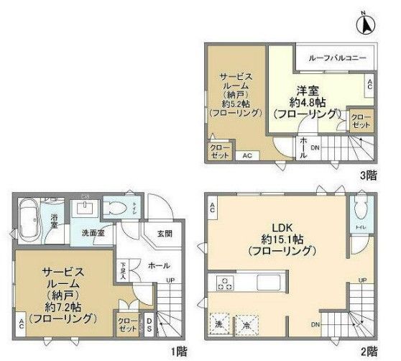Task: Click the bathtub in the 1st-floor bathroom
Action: pos(31,215)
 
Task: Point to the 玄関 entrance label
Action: pos(163,234)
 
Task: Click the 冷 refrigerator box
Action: pos(246,324)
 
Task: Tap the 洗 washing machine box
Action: pos(219,324)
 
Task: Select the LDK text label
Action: pos(280,226)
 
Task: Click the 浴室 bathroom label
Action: pos(54,221)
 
